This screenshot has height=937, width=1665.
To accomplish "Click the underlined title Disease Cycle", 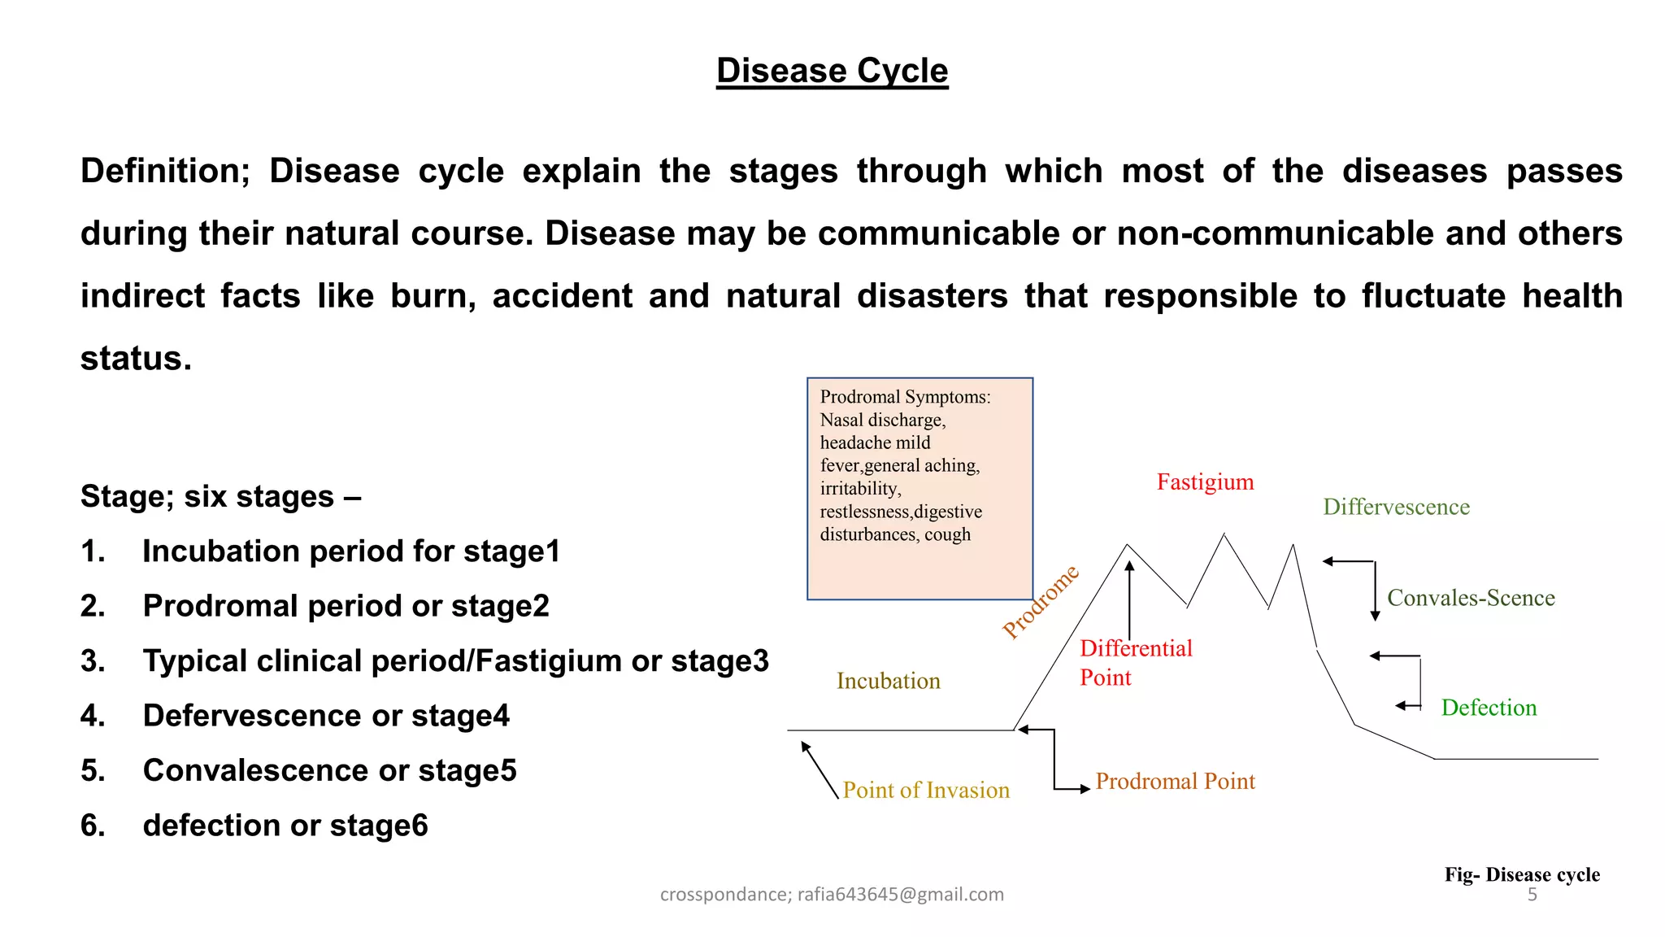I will pyautogui.click(x=832, y=71).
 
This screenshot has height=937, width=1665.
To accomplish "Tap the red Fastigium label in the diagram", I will pyautogui.click(x=1205, y=482).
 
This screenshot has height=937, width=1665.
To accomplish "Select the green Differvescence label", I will pyautogui.click(x=1396, y=508).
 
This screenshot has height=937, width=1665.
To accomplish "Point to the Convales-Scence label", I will pyautogui.click(x=1470, y=599).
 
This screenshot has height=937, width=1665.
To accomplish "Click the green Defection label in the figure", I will pyautogui.click(x=1489, y=708).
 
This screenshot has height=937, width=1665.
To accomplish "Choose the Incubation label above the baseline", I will pyautogui.click(x=888, y=681).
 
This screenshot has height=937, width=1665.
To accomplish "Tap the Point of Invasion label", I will pyautogui.click(x=925, y=790).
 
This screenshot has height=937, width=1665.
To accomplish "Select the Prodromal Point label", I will pyautogui.click(x=1175, y=782).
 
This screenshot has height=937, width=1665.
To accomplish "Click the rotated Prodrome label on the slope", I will pyautogui.click(x=1041, y=601).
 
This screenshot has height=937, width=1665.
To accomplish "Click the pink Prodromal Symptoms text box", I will pyautogui.click(x=919, y=488).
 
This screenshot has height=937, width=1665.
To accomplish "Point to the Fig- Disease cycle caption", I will pyautogui.click(x=1521, y=875).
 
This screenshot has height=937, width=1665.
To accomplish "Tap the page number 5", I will pyautogui.click(x=1532, y=895).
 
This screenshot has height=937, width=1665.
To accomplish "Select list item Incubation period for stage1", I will pyautogui.click(x=351, y=551).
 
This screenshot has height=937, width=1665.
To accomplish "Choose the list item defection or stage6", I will pyautogui.click(x=285, y=826).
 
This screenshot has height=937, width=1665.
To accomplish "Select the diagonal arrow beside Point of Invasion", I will pyautogui.click(x=819, y=769).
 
